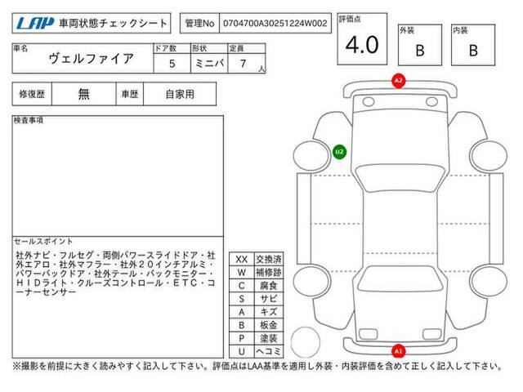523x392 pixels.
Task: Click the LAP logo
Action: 35,23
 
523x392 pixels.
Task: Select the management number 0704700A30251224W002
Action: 275,24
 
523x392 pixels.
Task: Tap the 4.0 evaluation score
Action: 362,45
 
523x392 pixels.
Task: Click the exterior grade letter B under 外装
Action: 420,51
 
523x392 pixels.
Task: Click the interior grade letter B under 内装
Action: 473,51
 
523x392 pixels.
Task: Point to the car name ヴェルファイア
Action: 91,59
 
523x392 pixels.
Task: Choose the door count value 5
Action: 172,64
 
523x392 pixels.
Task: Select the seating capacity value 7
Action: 243,64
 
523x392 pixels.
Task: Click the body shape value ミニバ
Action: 209,64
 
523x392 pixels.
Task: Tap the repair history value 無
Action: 83,94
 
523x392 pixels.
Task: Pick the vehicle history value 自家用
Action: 180,95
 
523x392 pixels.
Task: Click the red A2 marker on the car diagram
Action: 398,81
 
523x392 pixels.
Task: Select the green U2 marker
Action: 340,152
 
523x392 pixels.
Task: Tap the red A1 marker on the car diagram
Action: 398,351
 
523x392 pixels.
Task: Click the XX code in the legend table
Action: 242,260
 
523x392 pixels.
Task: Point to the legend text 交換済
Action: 269,259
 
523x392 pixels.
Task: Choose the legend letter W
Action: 242,272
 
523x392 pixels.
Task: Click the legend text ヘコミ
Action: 269,351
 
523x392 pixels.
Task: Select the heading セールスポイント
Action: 43,242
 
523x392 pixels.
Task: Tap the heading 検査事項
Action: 29,120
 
